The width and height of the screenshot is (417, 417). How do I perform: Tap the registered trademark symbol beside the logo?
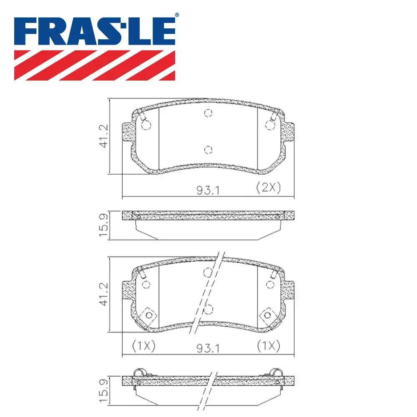coord(176,15)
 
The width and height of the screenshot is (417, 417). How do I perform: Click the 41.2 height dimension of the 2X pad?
coord(103,136)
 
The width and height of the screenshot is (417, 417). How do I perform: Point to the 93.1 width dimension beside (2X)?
coord(208,191)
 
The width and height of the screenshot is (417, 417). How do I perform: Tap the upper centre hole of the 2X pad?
coord(208,113)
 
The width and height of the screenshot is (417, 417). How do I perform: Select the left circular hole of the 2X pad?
coord(146,125)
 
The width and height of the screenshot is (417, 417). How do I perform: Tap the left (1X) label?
coord(143,346)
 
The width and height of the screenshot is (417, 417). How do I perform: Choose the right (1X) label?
coord(268,346)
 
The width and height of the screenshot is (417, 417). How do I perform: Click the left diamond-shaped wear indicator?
coord(148,315)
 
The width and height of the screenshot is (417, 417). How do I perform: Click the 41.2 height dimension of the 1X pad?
coord(103,294)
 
